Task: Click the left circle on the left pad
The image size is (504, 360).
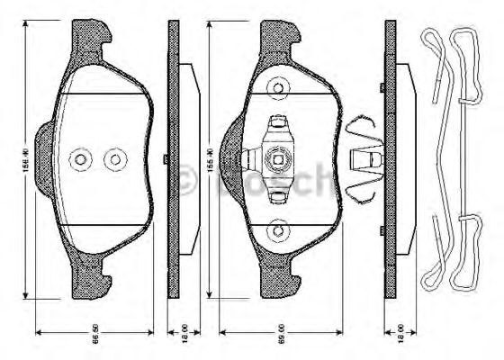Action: point(81,160)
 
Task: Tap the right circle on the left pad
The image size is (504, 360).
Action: point(114,160)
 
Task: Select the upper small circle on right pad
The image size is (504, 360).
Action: point(278,87)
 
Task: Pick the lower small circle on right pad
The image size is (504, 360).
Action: point(278,232)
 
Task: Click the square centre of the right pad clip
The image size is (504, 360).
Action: point(279,162)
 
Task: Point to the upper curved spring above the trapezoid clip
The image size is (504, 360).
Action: point(364,125)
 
